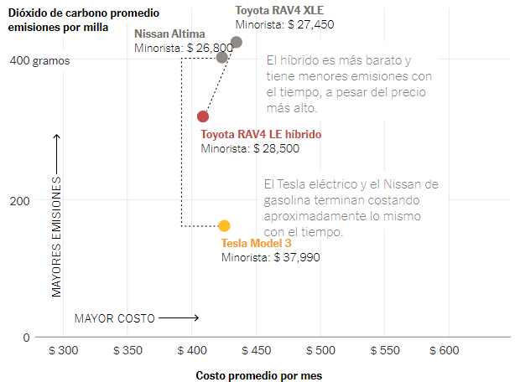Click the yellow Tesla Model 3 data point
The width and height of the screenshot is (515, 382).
[224, 225]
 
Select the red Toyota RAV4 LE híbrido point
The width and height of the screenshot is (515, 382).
[203, 116]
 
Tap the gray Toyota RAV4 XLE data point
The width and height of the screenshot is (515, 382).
[237, 42]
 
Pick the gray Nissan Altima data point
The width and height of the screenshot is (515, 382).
[222, 57]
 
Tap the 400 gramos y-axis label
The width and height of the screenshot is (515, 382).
[40, 61]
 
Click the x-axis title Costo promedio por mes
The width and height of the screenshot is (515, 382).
[258, 375]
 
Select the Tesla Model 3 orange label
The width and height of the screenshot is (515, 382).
[257, 243]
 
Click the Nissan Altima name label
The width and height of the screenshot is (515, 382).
[171, 34]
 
